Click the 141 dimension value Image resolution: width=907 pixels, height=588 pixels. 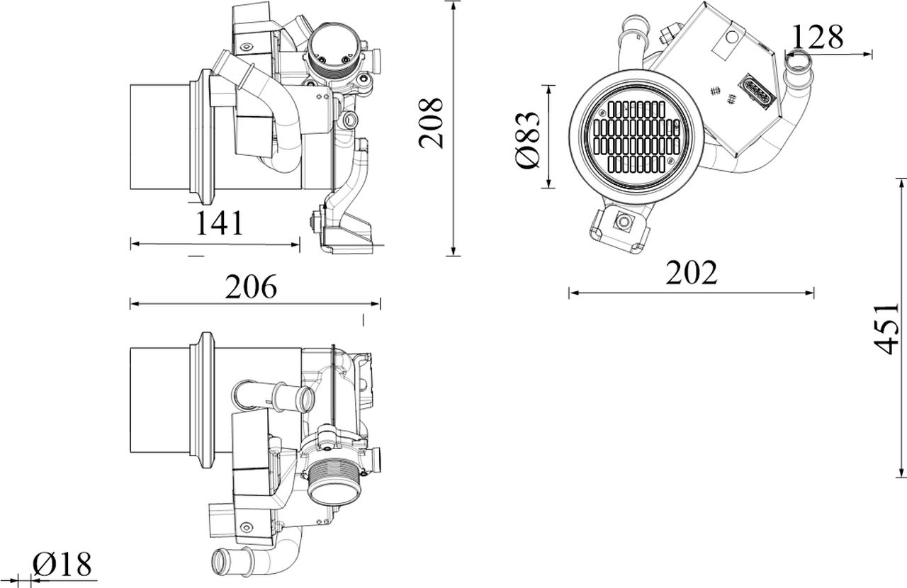219,222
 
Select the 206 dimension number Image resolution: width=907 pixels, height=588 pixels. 251,287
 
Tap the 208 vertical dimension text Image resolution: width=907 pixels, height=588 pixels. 431,123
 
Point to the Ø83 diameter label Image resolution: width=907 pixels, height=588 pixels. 528,140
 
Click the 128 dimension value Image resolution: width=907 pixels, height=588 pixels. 817,37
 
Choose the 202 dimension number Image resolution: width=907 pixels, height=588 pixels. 692,273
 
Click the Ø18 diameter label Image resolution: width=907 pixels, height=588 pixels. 62,564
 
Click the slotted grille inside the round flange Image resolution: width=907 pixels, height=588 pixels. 637,136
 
